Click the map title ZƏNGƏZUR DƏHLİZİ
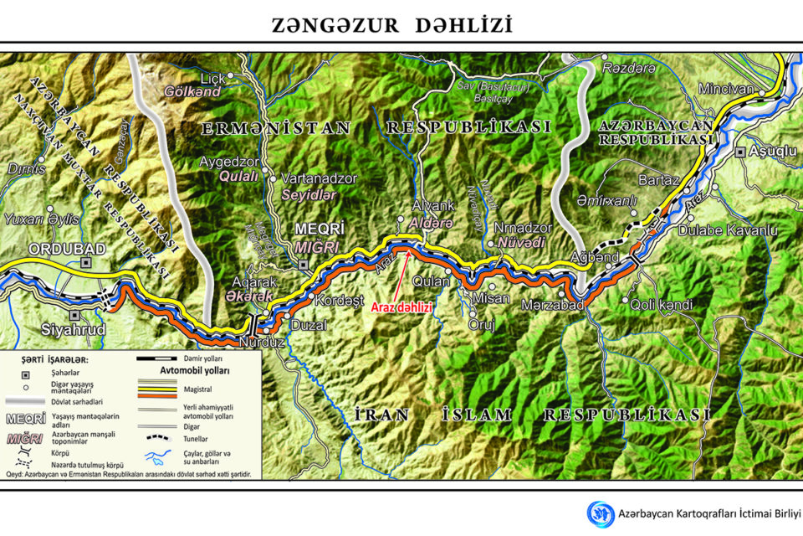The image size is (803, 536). (x=391, y=25)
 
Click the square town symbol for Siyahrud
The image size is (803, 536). (x=75, y=316)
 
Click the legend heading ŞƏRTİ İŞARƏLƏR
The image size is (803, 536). (x=57, y=360)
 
